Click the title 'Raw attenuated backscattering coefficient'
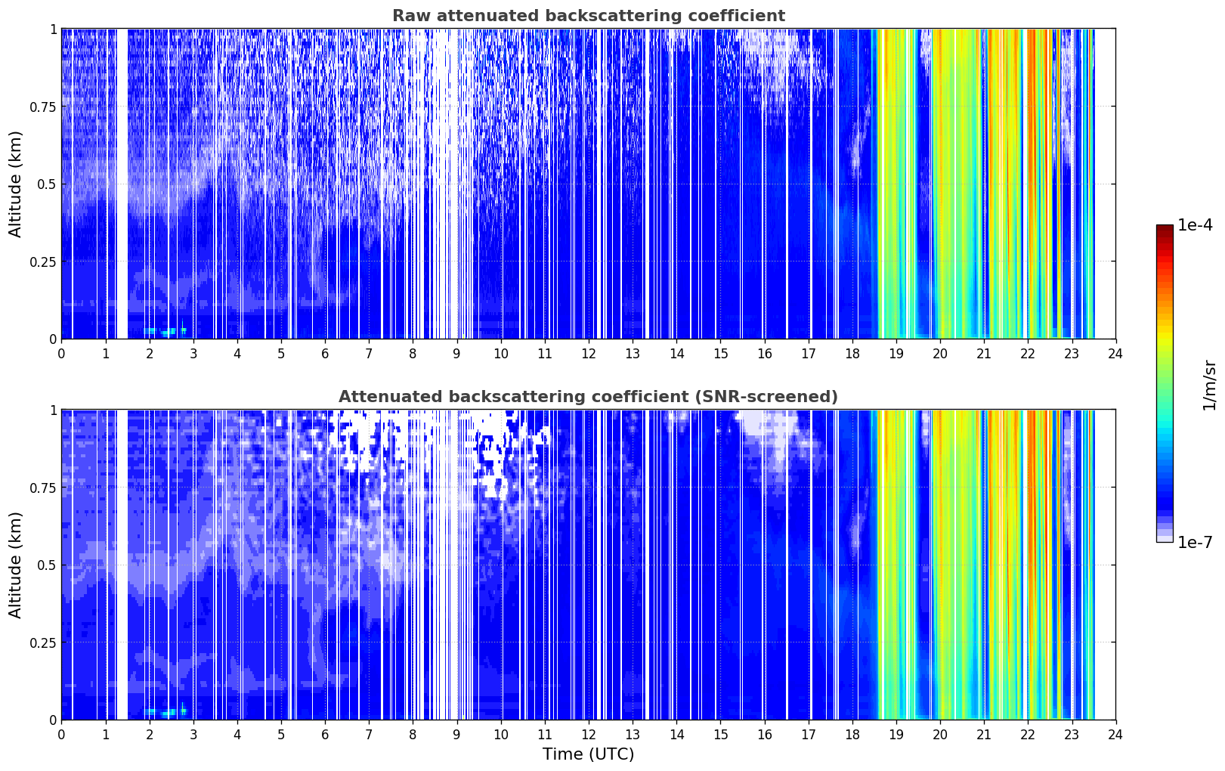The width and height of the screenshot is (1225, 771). coord(589,15)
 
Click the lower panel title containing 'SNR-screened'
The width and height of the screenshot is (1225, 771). coord(589,396)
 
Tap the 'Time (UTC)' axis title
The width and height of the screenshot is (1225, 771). coord(589,754)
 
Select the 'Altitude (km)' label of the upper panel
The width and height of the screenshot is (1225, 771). coord(15,184)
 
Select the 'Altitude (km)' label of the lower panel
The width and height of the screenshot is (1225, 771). coord(15,565)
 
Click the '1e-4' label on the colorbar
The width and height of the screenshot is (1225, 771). coord(1195,224)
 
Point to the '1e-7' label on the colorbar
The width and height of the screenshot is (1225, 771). coord(1195,543)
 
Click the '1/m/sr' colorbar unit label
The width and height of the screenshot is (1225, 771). coord(1209,385)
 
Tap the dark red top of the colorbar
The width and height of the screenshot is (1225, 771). coord(1165,228)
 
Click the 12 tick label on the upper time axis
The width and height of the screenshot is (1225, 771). coord(589,354)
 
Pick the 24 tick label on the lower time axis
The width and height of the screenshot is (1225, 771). coord(1115,735)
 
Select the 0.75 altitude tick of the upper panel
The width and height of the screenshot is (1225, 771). coord(42,107)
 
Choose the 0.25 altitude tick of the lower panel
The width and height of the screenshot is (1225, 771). coord(42,642)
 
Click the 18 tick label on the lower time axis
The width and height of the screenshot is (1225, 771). coord(852,735)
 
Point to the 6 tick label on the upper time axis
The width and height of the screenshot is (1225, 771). coord(325,354)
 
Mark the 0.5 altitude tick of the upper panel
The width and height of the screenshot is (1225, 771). coord(47,184)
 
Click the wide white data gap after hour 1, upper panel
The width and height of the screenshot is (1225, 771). coord(122,184)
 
